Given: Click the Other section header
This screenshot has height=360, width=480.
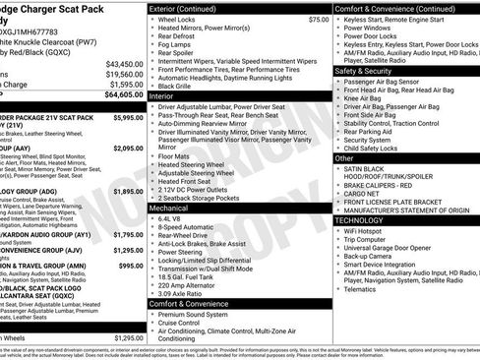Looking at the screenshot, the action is pyautogui.click(x=344, y=157).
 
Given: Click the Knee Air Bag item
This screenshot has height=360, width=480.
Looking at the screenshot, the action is pyautogui.click(x=366, y=98).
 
